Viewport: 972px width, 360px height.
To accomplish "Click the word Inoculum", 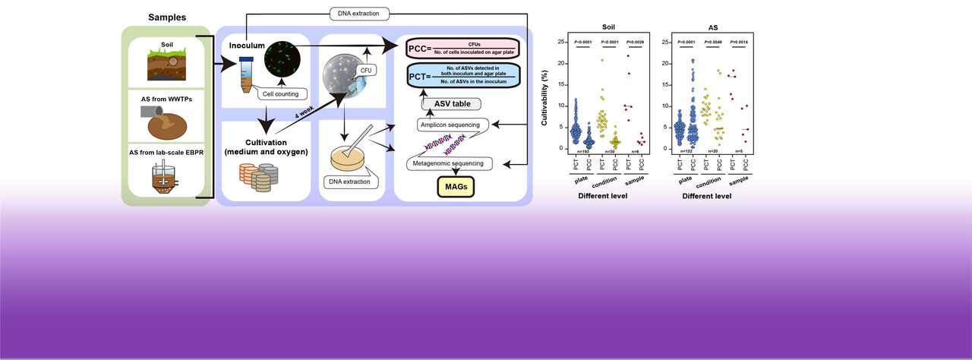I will point(247,46).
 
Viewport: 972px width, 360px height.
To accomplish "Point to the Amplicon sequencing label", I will point(448,124).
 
